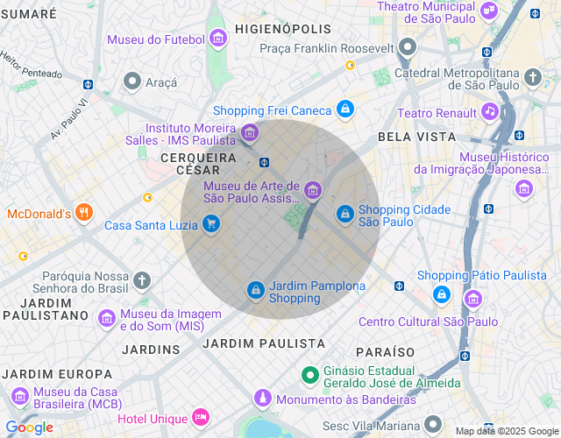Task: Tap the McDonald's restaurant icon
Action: coord(84,212)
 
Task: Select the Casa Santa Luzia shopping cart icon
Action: coord(210,224)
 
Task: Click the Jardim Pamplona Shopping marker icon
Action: coord(255,289)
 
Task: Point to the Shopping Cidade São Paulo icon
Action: coord(345,213)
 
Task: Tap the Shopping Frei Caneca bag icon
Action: coord(345,109)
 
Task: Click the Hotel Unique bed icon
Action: coord(202,417)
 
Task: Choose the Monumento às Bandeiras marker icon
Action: coord(262,399)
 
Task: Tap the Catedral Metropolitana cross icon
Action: coord(533,78)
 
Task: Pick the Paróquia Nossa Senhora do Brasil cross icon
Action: coord(142,280)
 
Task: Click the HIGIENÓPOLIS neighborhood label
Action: coord(284,29)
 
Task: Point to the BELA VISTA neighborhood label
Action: coord(416,137)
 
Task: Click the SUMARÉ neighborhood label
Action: coord(28,15)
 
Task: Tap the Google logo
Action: coord(29,427)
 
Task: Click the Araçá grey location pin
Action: coord(132,81)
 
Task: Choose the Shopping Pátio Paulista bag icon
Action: coord(472,299)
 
